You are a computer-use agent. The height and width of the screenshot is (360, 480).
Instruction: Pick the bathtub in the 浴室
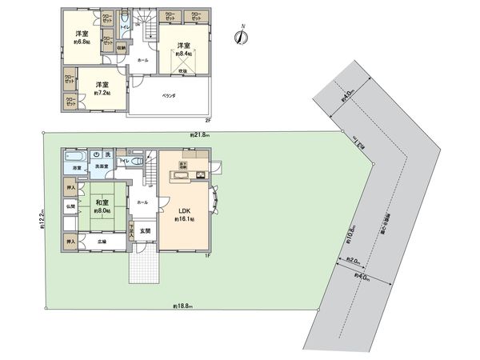[x=77, y=156]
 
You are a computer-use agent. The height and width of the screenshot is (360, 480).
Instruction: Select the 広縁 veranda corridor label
[x=102, y=241]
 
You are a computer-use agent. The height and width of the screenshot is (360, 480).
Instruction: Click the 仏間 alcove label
[x=70, y=207]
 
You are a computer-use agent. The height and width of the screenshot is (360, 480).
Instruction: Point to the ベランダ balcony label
[x=170, y=96]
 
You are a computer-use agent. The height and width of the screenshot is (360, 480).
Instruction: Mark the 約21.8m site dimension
[x=200, y=134]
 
